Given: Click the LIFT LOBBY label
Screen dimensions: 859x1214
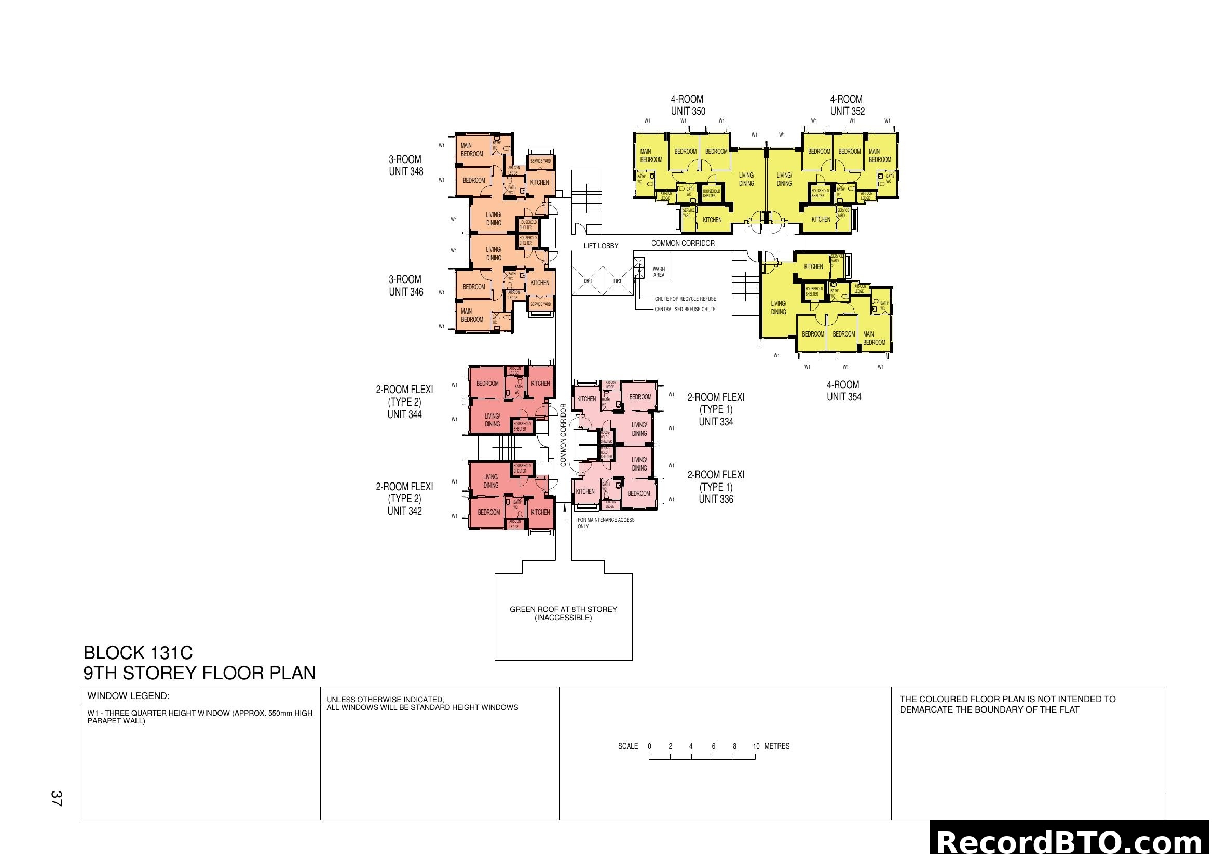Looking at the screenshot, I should click(x=601, y=246).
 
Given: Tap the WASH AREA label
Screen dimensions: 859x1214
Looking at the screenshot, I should click(x=659, y=272).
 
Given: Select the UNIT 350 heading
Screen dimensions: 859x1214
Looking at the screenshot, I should click(x=688, y=111).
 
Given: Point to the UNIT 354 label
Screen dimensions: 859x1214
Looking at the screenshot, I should click(x=844, y=397).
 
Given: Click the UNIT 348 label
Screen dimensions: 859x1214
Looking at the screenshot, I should click(x=406, y=171).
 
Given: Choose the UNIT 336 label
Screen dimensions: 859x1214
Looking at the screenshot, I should click(x=716, y=499).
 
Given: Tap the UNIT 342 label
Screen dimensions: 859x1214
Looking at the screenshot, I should click(x=404, y=511).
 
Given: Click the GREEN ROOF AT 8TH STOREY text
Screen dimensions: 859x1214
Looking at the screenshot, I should click(x=563, y=609).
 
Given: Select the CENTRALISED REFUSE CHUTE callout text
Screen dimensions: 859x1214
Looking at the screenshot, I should click(x=685, y=309).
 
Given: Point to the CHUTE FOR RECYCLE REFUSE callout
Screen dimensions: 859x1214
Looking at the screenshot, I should click(x=685, y=299).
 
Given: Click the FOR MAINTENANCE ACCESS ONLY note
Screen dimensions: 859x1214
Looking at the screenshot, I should click(x=605, y=522).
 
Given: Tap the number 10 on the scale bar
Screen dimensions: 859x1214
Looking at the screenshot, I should click(x=756, y=746).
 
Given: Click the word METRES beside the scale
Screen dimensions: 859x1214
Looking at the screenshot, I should click(x=777, y=746).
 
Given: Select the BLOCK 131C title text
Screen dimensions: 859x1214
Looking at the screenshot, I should click(x=138, y=652).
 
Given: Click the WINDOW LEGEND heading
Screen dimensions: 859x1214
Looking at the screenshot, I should click(x=128, y=696).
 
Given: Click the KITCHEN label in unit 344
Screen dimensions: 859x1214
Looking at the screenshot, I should click(x=540, y=383).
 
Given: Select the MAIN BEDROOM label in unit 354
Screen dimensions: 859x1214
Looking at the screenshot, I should click(x=874, y=338).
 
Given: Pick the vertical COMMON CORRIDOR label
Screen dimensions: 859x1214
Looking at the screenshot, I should click(x=563, y=435).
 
